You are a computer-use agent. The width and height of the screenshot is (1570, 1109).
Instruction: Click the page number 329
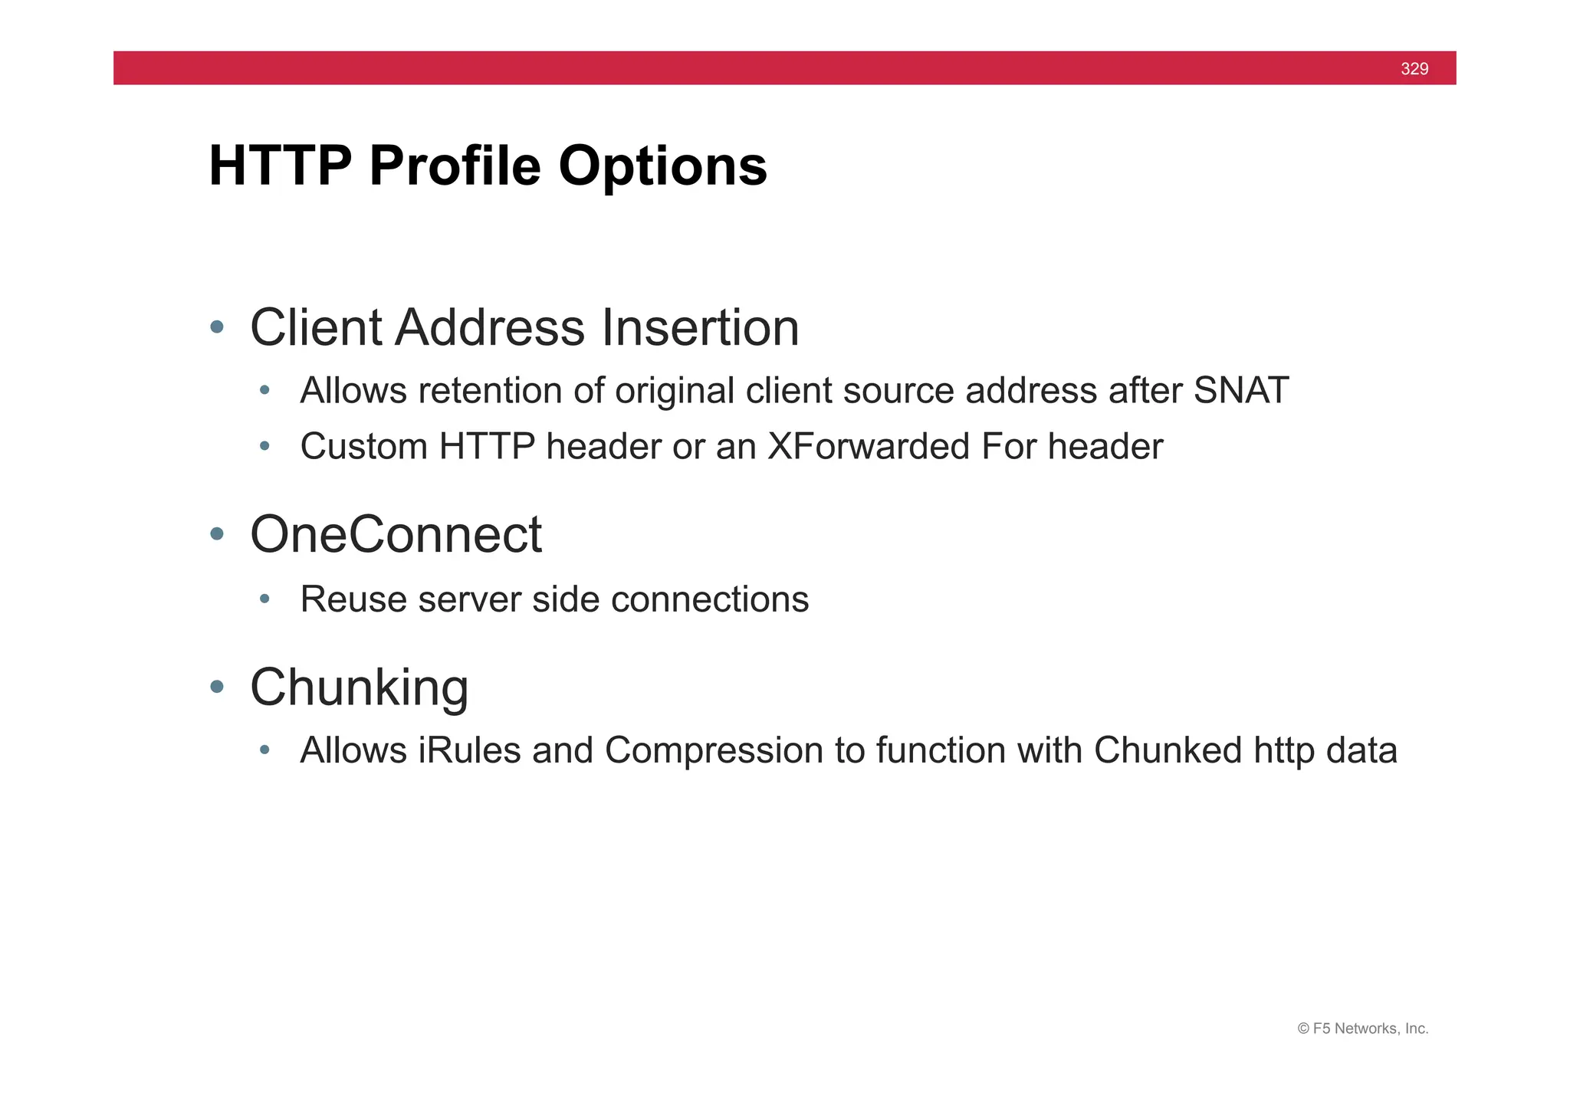[1414, 69]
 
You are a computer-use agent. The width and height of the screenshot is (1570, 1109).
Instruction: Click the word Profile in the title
[455, 166]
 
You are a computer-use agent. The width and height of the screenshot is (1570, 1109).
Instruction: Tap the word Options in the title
[662, 166]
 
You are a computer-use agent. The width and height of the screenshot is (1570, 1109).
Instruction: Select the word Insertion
[700, 327]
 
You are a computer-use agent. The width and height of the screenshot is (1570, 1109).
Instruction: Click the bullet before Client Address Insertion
[217, 327]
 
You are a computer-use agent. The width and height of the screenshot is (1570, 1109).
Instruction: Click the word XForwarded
[869, 447]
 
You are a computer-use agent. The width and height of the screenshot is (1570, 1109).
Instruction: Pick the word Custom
[363, 447]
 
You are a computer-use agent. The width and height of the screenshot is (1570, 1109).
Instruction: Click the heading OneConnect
[396, 534]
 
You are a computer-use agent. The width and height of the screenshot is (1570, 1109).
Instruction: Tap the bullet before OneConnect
[217, 534]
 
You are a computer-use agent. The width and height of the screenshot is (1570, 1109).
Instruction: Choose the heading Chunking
[359, 687]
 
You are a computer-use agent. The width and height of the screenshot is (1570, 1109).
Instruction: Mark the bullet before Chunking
[217, 687]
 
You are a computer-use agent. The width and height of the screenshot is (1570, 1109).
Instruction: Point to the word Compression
[714, 750]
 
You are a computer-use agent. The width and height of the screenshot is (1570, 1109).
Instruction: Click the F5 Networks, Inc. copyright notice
[1362, 1029]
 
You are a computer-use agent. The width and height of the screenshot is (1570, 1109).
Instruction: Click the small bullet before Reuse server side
[264, 599]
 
